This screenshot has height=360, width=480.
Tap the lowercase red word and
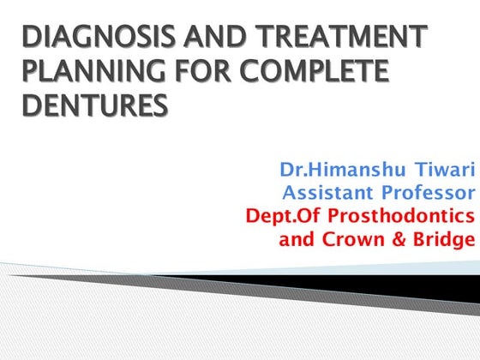pyautogui.click(x=297, y=237)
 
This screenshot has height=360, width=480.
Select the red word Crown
pyautogui.click(x=352, y=237)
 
